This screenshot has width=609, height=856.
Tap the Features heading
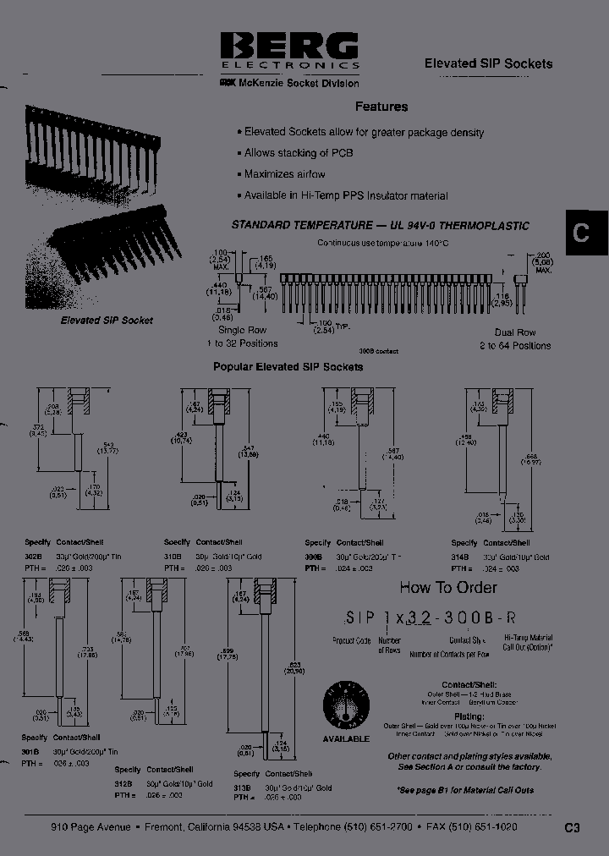(381, 107)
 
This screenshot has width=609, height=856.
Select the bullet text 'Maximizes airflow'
(284, 174)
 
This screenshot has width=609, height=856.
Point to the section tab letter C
(581, 233)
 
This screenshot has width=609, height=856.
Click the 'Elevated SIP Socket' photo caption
(107, 321)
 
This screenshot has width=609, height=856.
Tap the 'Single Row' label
(242, 330)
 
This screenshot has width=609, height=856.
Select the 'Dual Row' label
(516, 332)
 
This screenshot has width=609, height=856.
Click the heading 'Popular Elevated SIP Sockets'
(288, 367)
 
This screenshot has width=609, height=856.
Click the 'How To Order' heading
(447, 587)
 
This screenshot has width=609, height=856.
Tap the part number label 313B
(243, 787)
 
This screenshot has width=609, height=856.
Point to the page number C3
(572, 828)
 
